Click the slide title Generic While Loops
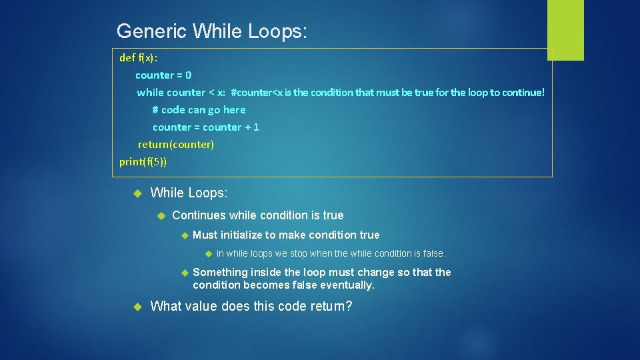coord(211,31)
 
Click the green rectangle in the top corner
coord(565,30)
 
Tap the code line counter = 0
coord(163,75)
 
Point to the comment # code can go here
coord(199,109)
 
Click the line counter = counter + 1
coord(205,127)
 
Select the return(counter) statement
coord(176,144)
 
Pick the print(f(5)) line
coord(143,161)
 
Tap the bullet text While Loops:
coord(189,193)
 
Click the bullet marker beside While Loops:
coord(138,193)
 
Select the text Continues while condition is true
coord(257,215)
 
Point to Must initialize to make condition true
coord(286,235)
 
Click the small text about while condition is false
coord(331,253)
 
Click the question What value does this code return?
coord(251,306)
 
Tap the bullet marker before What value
coord(138,307)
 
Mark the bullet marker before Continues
coord(160,216)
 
